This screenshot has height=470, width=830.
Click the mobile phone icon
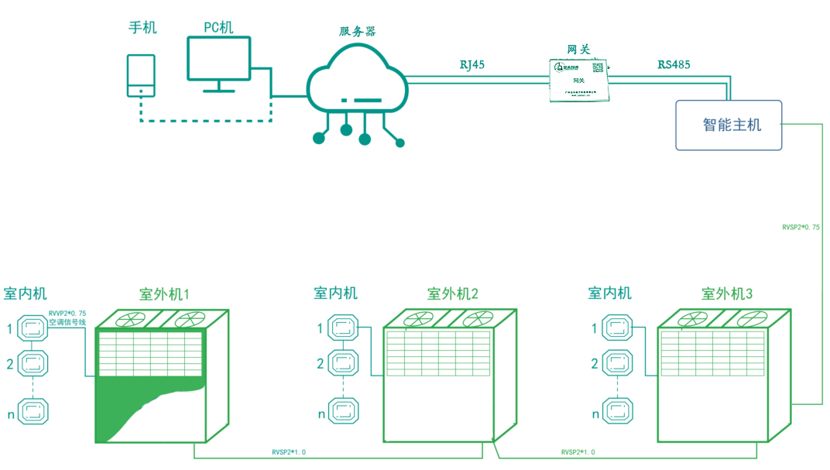click(141, 75)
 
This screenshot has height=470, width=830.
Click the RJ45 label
click(472, 65)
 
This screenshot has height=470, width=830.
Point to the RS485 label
click(674, 65)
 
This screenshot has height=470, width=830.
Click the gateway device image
click(579, 80)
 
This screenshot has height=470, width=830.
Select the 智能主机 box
click(729, 125)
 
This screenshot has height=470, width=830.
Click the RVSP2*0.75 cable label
click(801, 228)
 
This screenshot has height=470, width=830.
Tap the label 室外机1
click(164, 294)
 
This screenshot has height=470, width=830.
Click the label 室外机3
click(726, 294)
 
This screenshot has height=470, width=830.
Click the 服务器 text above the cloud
click(357, 32)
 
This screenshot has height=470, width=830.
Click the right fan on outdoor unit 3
click(751, 318)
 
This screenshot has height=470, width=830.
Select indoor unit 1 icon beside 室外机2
click(343, 328)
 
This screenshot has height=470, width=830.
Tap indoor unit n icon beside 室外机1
click(33, 411)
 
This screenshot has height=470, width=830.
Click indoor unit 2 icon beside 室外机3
click(618, 362)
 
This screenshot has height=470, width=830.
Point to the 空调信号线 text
click(67, 322)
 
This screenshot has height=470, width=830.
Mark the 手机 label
click(142, 28)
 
